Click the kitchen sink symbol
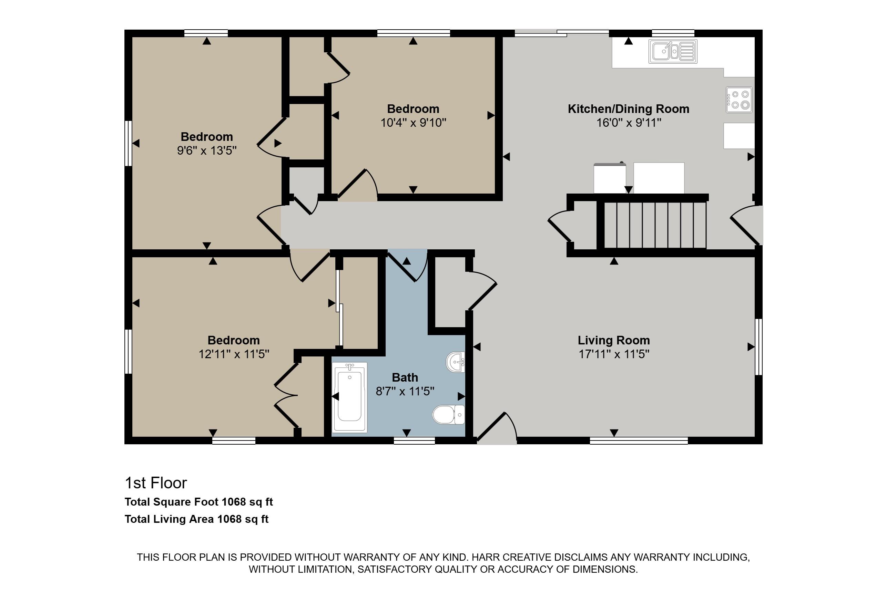(673, 51)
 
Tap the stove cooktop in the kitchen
(739, 100)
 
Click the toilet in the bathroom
(449, 415)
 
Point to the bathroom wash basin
(456, 362)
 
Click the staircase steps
(655, 225)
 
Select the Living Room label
(614, 340)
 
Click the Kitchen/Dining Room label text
(629, 109)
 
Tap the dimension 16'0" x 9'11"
(629, 123)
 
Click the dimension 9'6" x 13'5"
(207, 151)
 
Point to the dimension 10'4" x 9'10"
(413, 123)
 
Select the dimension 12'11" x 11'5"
(234, 354)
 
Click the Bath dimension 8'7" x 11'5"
(405, 391)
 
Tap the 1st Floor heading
(156, 483)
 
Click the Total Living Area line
(196, 519)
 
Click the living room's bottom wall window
(639, 440)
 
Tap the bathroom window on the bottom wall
(415, 440)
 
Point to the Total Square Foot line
(199, 502)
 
